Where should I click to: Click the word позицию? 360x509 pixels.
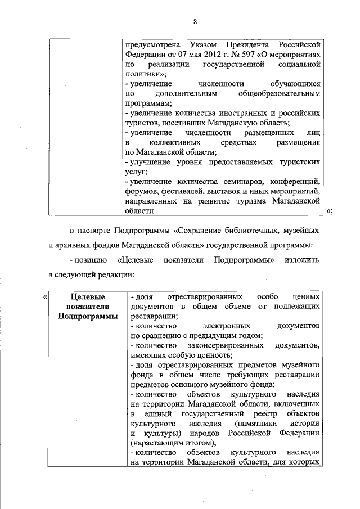[x=90, y=260]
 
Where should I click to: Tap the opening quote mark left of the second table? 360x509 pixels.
[x=45, y=296]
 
